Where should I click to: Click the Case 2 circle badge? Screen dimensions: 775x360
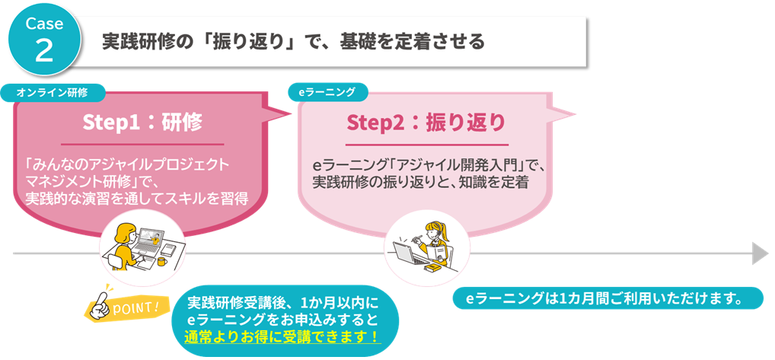tap(44, 40)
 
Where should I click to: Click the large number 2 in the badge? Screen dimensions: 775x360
tap(44, 50)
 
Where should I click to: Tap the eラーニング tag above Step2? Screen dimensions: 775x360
tap(327, 92)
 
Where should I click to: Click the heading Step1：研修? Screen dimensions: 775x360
tap(142, 123)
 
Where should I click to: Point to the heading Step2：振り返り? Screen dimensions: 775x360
tap(426, 123)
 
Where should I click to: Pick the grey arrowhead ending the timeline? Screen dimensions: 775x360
tap(761, 253)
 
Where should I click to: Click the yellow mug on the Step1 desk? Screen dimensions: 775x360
tap(162, 261)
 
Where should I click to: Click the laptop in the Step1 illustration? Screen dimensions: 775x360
tap(148, 240)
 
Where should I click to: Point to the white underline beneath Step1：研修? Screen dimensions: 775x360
tap(142, 144)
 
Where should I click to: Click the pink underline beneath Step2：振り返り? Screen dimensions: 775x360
tap(426, 145)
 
